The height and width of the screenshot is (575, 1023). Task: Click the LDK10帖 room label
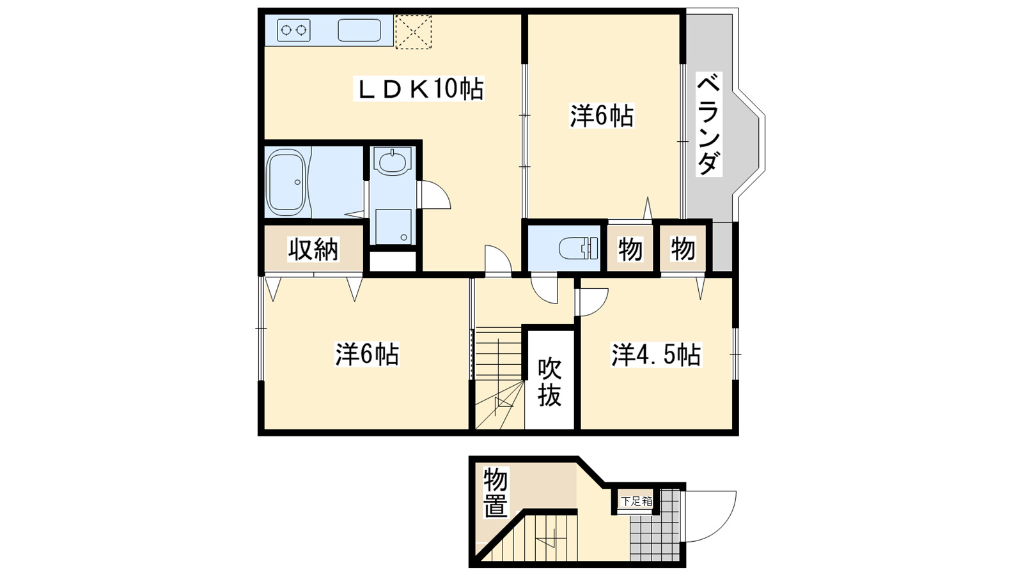419,89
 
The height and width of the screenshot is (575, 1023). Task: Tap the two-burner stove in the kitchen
293,30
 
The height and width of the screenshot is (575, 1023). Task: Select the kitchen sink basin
359,30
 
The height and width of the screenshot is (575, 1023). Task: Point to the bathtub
285,182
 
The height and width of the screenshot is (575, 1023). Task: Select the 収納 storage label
313,249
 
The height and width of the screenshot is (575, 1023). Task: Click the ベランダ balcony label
708,125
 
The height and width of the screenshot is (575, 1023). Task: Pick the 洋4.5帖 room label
656,355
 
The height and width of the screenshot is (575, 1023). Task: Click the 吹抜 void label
549,381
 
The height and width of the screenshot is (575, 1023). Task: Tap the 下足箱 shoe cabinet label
636,502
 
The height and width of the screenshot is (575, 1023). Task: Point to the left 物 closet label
630,249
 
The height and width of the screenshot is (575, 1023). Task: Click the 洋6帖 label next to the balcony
602,116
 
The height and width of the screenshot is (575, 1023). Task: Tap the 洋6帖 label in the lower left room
367,354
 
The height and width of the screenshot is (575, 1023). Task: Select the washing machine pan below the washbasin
393,226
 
